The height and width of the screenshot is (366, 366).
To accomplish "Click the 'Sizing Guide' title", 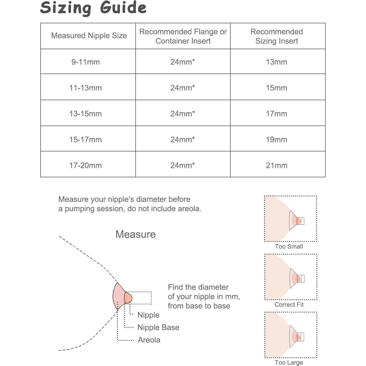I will tap(93, 8).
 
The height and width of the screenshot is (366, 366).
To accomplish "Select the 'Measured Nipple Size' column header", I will tap(89, 35).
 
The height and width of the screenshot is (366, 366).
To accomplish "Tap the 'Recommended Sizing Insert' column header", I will tap(276, 36).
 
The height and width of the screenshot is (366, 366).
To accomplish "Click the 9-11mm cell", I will tap(85, 62).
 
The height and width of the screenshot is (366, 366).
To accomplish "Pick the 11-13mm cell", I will tap(85, 88).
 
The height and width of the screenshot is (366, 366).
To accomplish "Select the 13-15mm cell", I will tap(85, 114).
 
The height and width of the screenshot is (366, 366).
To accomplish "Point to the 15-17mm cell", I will tap(85, 140).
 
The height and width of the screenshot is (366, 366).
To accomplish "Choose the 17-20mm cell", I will tap(85, 166).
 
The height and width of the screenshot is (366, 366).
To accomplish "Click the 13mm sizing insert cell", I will tap(276, 62).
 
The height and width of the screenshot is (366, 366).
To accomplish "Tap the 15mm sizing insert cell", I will tap(276, 88).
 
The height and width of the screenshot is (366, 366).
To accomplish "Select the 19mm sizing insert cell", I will tap(276, 140).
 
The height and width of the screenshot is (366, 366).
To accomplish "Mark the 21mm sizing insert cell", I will tap(276, 166).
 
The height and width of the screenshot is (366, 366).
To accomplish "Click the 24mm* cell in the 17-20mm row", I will tap(182, 166).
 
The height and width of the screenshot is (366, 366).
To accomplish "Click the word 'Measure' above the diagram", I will tap(135, 234).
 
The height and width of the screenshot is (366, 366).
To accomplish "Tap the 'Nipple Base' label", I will tap(158, 327).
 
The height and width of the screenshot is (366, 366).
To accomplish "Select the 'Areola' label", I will tap(149, 340).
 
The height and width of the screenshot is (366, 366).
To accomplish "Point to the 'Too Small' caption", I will tap(289, 246).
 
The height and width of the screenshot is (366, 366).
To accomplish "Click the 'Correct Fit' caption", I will tap(289, 305).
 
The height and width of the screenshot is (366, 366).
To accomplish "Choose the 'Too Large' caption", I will tap(289, 363).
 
